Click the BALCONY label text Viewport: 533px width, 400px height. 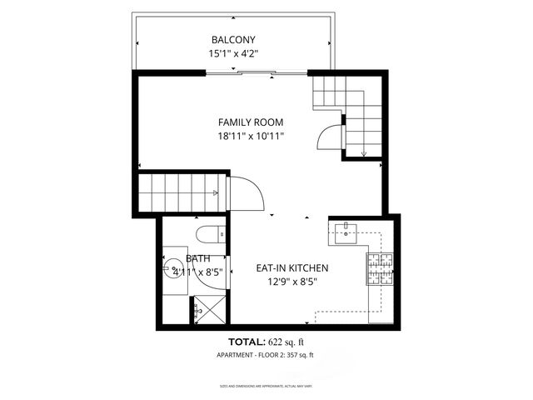tap(233, 40)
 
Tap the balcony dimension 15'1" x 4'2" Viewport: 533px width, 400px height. tap(233, 53)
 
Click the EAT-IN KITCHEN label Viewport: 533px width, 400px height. tap(291, 268)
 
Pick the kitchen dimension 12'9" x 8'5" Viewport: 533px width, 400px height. tap(291, 282)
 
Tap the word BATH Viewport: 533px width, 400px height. tap(175, 259)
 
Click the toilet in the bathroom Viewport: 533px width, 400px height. tap(207, 232)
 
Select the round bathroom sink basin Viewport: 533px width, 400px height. tap(175, 269)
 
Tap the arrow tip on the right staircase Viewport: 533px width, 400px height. tap(364, 153)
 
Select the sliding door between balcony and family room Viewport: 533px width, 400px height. tap(242, 73)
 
